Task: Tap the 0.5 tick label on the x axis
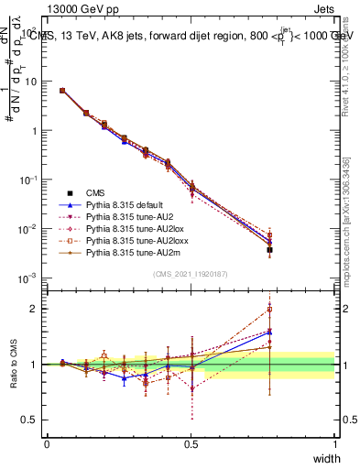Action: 191,443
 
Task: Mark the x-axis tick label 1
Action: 335,443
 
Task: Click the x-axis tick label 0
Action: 48,443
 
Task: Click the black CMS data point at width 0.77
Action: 269,249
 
